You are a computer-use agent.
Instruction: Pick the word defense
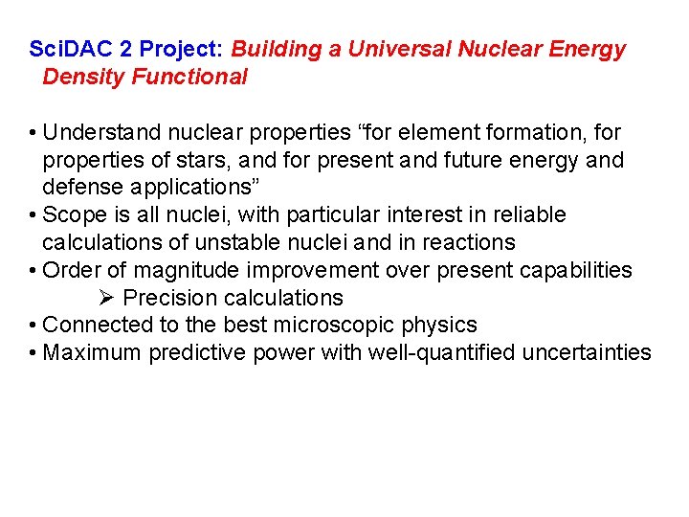pyautogui.click(x=81, y=188)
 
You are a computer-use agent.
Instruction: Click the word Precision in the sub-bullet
pyautogui.click(x=167, y=299)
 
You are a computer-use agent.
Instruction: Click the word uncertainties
pyautogui.click(x=587, y=354)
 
